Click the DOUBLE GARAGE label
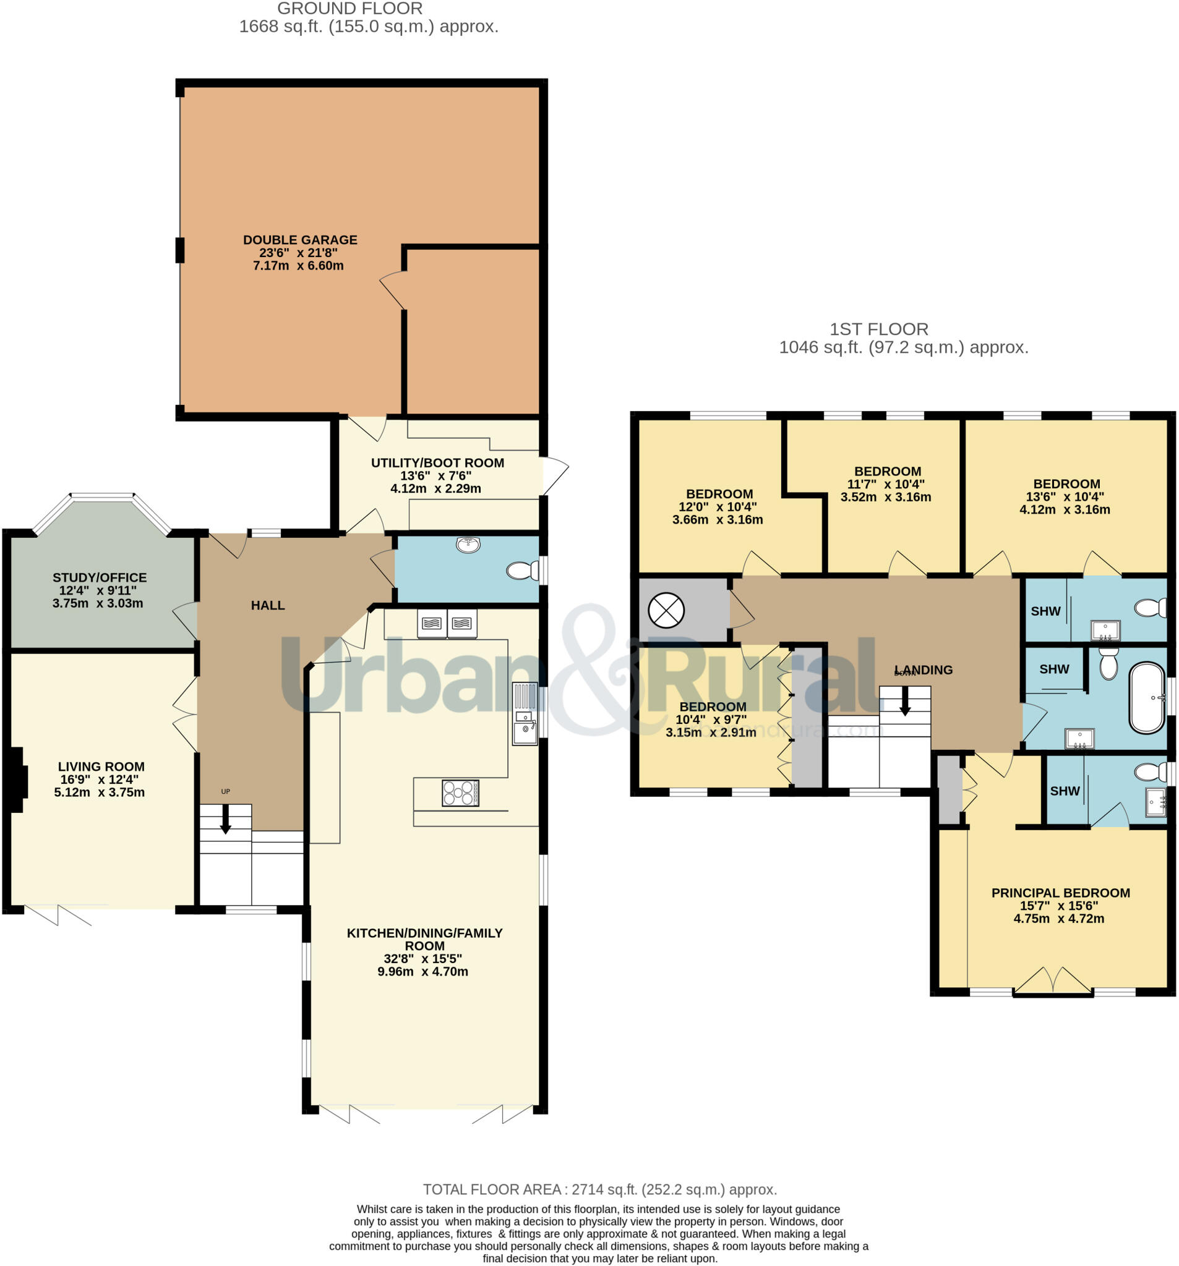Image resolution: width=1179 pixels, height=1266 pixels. (x=299, y=240)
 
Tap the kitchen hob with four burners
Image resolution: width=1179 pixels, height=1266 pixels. (x=460, y=793)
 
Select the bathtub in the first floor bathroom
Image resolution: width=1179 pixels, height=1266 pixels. (x=1146, y=698)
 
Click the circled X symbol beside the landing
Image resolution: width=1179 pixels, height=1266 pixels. (x=666, y=610)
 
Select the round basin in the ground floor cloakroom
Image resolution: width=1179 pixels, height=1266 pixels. (x=468, y=545)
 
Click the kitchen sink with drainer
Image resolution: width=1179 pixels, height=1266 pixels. (x=525, y=713)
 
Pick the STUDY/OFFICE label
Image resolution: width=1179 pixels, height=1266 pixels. (x=100, y=577)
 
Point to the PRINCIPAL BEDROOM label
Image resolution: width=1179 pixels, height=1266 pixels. (x=1060, y=893)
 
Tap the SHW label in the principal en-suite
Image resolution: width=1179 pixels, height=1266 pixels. (x=1065, y=791)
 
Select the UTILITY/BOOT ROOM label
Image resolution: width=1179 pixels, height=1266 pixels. (x=437, y=463)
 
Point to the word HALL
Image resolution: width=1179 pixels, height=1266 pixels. (x=268, y=606)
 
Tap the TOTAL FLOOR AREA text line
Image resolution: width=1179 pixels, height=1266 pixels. (x=599, y=1189)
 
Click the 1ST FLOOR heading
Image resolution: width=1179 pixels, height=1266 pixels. (x=878, y=329)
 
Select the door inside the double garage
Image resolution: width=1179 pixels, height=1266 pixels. (x=392, y=291)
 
